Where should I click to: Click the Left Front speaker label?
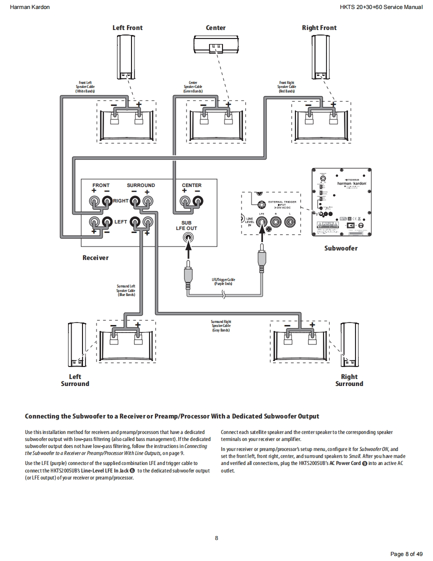point(127,27)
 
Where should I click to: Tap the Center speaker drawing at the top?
point(215,45)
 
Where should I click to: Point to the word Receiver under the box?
point(95,258)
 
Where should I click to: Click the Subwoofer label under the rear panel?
point(340,248)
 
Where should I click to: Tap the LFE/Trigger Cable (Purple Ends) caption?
point(223,281)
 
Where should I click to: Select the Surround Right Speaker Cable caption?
point(220,326)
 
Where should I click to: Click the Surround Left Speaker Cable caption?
point(126,290)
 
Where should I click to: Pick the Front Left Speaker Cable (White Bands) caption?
point(85,87)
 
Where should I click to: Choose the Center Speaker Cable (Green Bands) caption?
point(193,87)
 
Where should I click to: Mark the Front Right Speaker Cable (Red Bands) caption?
point(286,87)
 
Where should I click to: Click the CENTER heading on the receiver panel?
point(191,185)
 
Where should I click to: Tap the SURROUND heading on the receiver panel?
point(140,185)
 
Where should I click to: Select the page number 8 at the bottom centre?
point(216,538)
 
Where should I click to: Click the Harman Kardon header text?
point(29,7)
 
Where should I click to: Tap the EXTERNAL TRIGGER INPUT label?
point(282,204)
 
